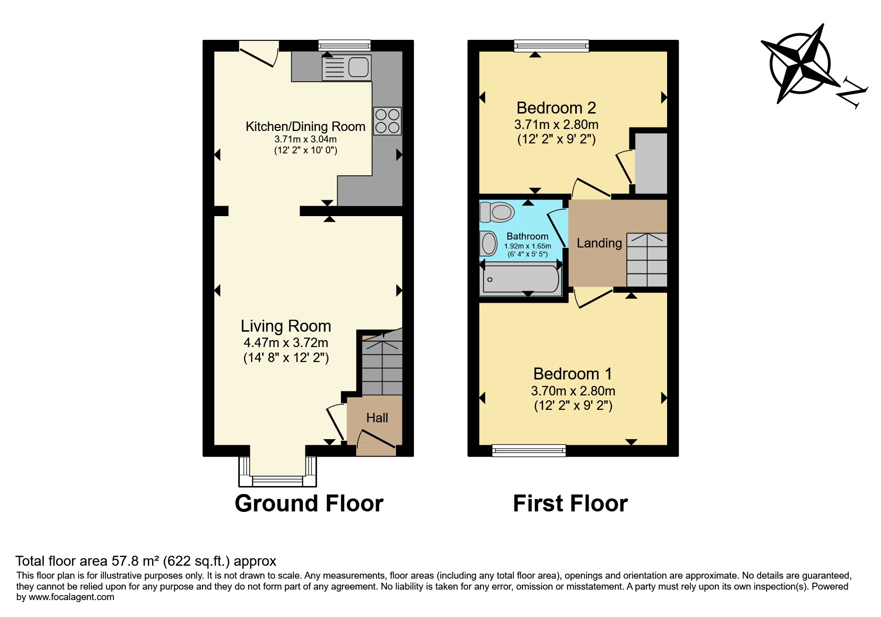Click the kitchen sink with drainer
[347, 68]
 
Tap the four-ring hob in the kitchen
[388, 121]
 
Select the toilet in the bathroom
[497, 212]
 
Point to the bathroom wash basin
[489, 245]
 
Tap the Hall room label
[377, 418]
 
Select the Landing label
[599, 243]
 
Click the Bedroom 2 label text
[556, 108]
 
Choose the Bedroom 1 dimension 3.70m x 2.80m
[573, 391]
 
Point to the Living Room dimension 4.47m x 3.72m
[286, 343]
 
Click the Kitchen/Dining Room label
[305, 126]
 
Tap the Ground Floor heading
[309, 503]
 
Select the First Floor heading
[570, 503]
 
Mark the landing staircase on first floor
[647, 259]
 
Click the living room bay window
[278, 472]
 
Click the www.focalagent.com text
[71, 597]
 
